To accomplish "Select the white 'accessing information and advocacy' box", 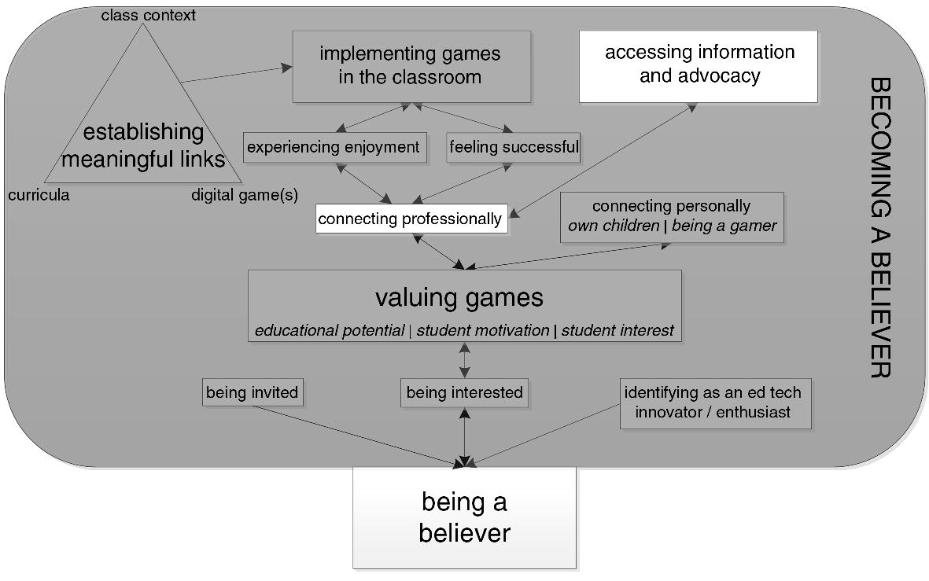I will [x=699, y=66].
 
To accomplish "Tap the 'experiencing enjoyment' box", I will [x=334, y=147].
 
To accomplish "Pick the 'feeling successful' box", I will [x=513, y=147].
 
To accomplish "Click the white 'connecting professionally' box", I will [x=411, y=219].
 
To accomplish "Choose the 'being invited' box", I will [x=252, y=392].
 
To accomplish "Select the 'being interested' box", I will [x=464, y=392].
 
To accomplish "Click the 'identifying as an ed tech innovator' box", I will [x=715, y=403].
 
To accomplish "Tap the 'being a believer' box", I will [x=464, y=517].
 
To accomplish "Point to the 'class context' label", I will [x=148, y=15].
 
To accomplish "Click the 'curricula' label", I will [x=39, y=195].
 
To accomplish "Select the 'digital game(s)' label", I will [x=244, y=195].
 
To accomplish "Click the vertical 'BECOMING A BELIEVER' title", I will [x=881, y=228].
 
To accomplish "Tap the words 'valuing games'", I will [x=459, y=298].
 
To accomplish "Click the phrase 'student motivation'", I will [x=482, y=330].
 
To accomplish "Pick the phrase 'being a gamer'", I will [x=724, y=226].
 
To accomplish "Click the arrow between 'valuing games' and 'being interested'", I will [x=465, y=361].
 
